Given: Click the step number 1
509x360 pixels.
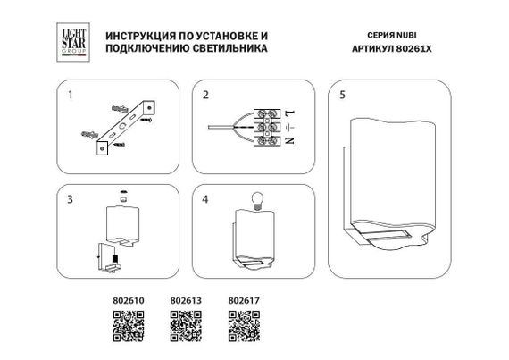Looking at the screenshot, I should [x=64, y=94].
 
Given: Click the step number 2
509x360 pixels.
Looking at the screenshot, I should [x=204, y=94].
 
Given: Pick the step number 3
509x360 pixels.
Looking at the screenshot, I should [x=64, y=198].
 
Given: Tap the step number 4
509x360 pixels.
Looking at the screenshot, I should [x=204, y=198].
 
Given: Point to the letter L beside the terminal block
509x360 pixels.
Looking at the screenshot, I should [x=291, y=112].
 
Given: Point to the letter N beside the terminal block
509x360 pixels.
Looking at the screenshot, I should [x=291, y=144].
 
